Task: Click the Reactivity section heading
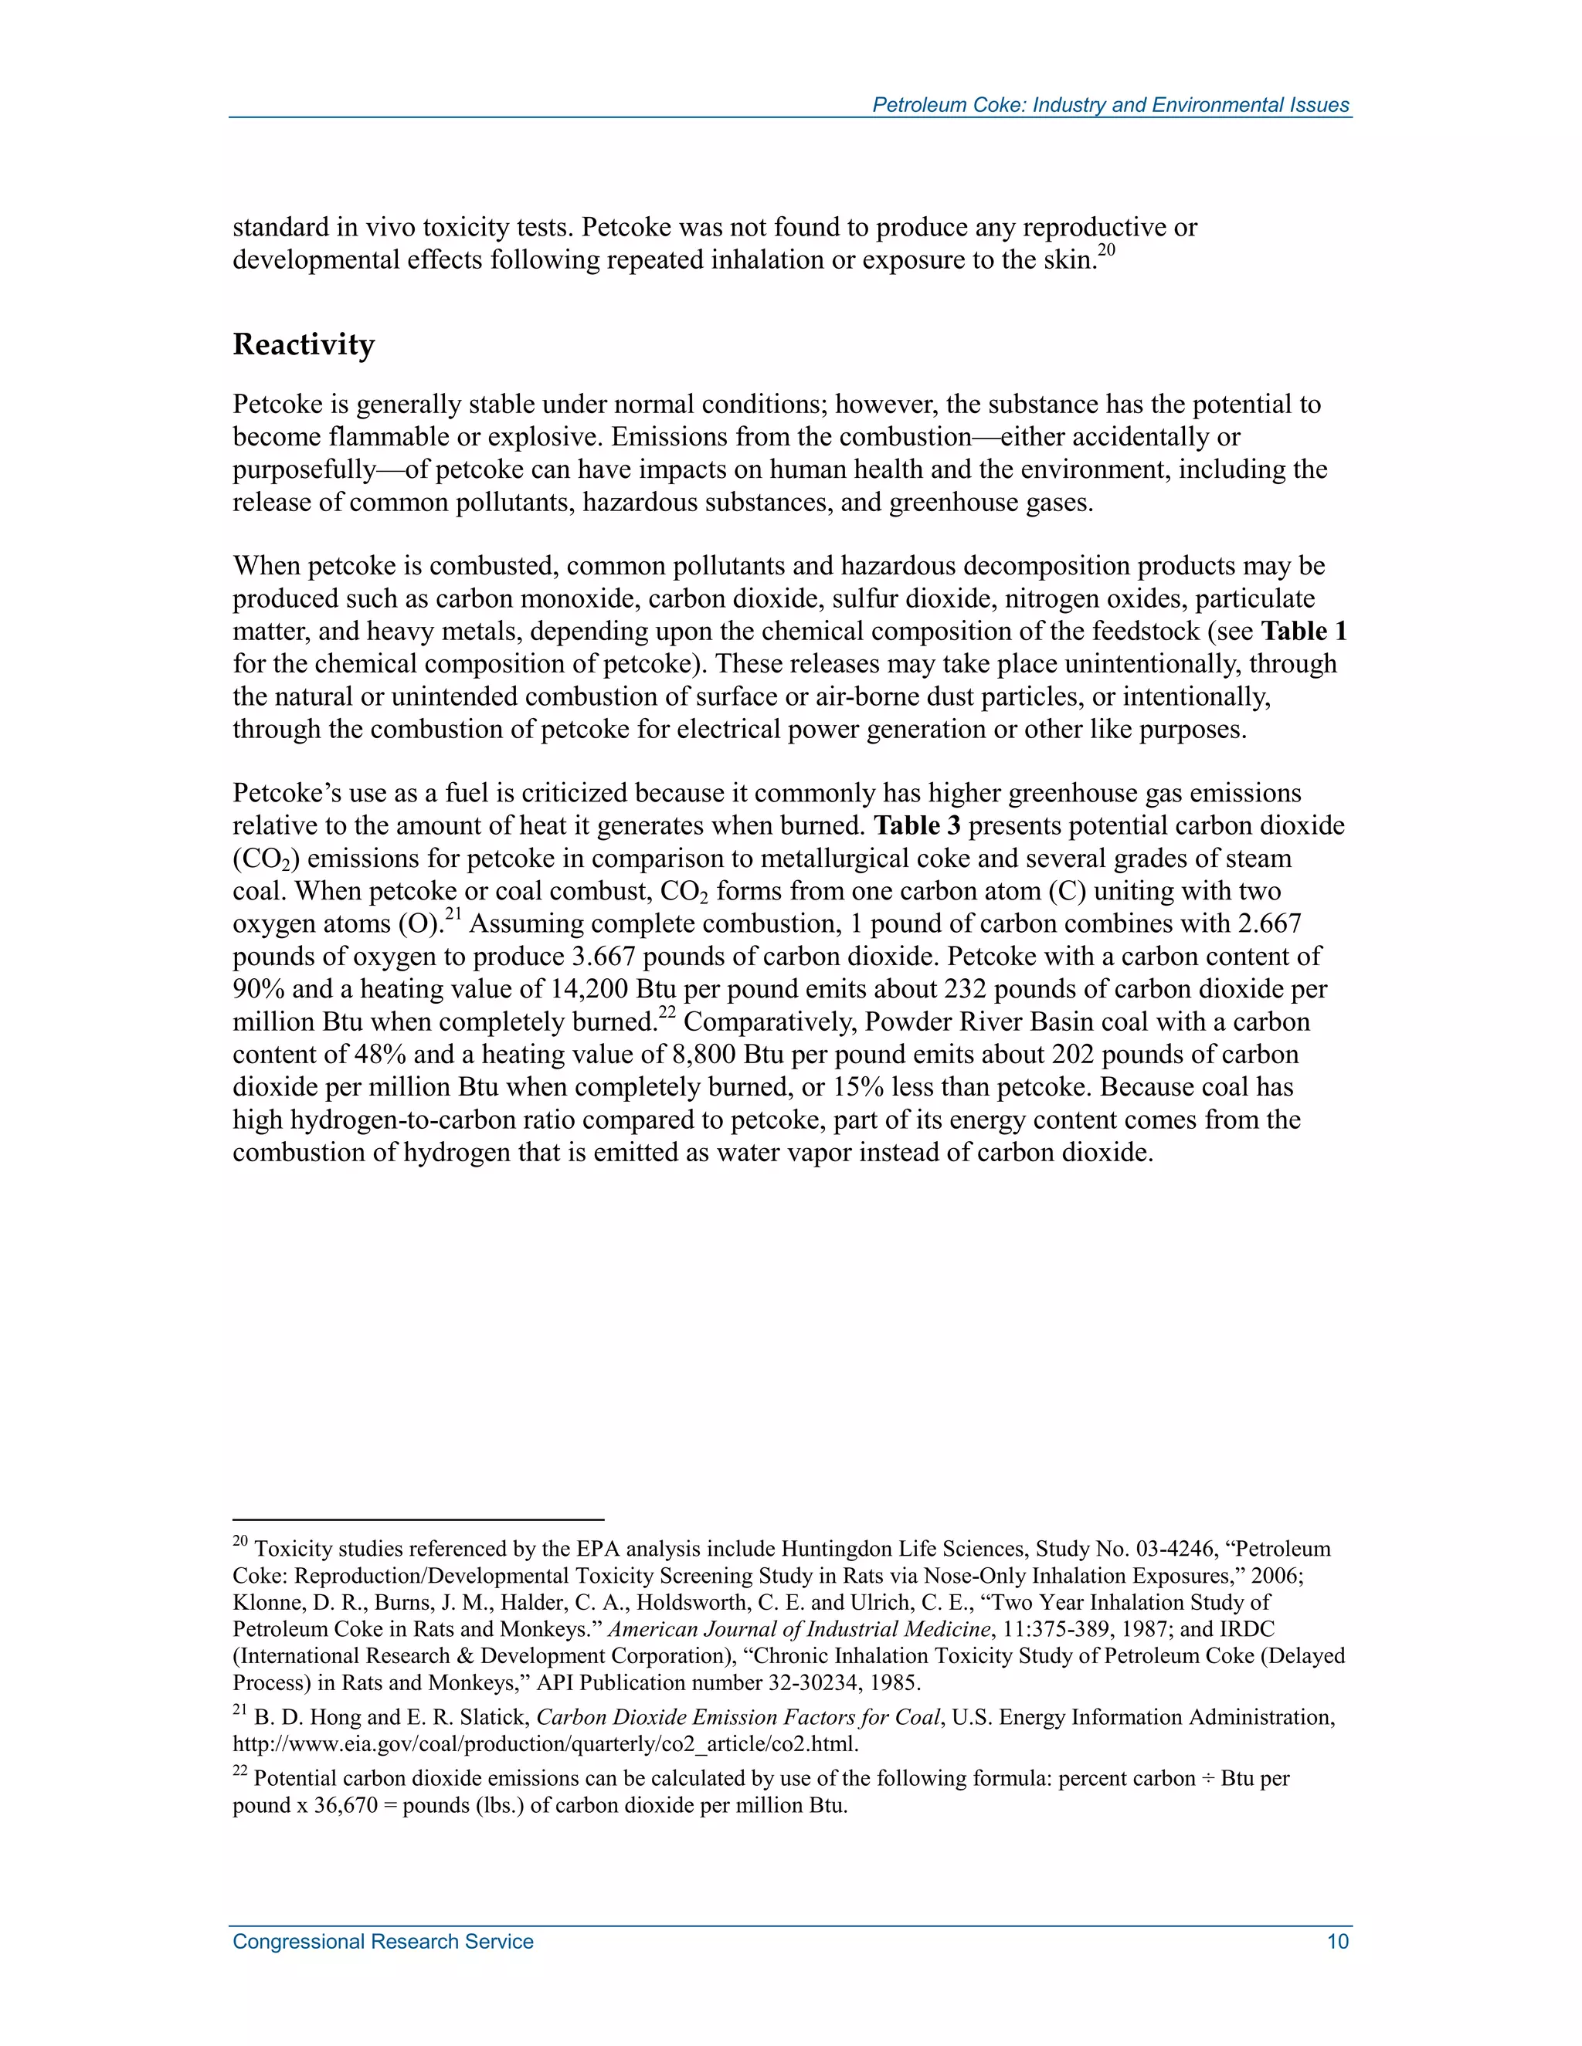click(x=303, y=345)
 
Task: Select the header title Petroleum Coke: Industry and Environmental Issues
click(x=1110, y=105)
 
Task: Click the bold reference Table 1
click(x=1302, y=632)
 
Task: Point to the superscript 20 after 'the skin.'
click(x=1106, y=250)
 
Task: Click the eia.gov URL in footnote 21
click(x=545, y=1762)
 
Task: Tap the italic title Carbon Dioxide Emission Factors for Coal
click(x=738, y=1735)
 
